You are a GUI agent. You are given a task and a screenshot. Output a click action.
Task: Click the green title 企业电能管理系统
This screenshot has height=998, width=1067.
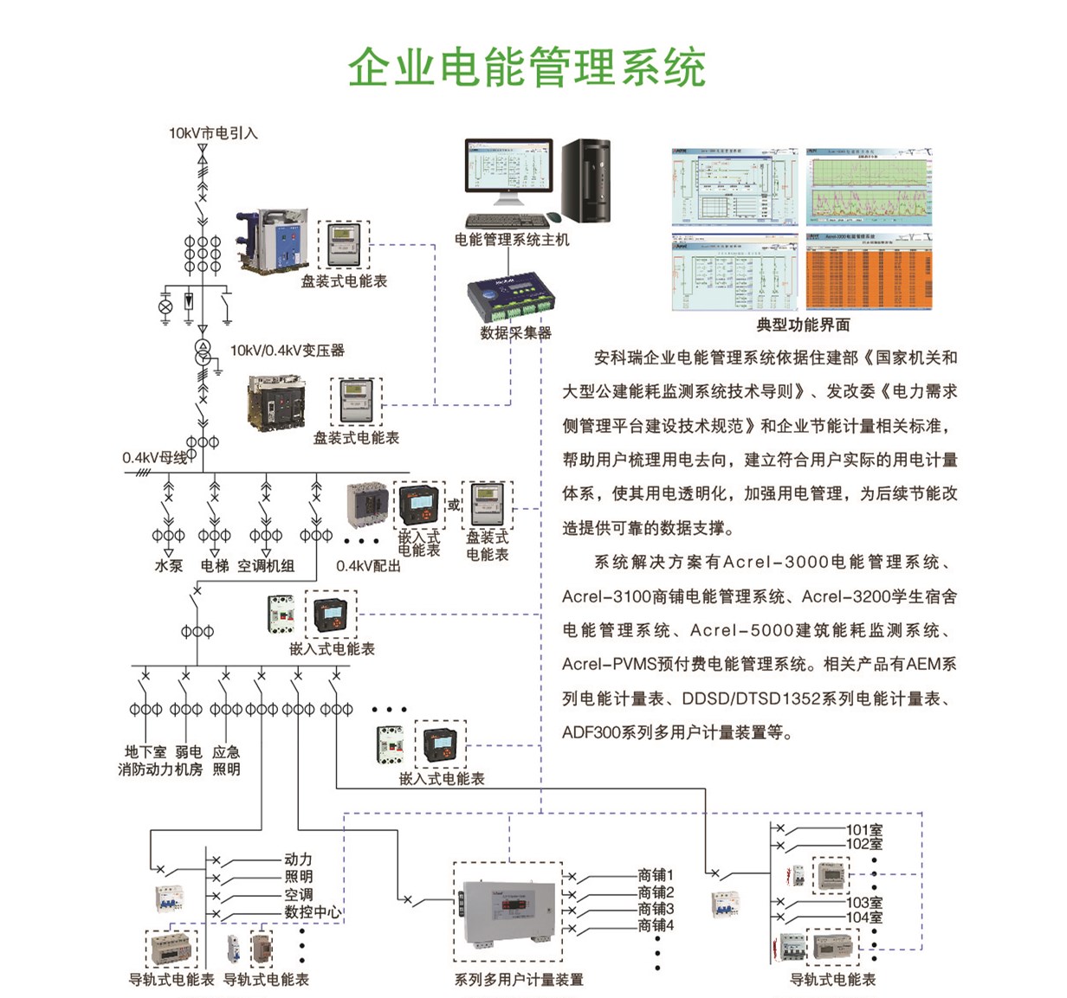(x=527, y=68)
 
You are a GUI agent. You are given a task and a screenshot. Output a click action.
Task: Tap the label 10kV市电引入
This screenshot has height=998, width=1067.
(x=213, y=133)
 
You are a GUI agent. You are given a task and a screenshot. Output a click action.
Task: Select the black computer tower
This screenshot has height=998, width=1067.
(x=586, y=179)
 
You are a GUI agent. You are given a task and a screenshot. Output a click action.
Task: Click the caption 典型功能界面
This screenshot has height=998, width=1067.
(x=803, y=325)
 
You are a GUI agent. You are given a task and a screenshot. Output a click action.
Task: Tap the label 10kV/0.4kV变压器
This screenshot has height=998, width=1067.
(x=287, y=351)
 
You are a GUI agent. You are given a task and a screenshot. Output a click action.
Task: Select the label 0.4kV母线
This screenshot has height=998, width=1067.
(x=154, y=458)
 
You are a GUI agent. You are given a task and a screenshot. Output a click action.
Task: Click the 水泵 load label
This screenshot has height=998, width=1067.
(x=168, y=566)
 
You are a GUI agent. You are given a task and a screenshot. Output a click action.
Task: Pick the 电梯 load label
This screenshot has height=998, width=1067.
(x=214, y=566)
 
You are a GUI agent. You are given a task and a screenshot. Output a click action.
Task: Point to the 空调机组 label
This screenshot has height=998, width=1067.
(x=266, y=566)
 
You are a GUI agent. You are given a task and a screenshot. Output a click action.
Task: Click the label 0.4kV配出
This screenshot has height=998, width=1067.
(x=368, y=566)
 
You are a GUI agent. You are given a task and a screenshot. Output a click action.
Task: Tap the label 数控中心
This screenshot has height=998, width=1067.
(x=313, y=912)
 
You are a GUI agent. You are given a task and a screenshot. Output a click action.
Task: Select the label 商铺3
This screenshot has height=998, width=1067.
(x=656, y=909)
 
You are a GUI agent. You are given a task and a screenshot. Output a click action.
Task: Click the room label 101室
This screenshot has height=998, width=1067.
(x=863, y=830)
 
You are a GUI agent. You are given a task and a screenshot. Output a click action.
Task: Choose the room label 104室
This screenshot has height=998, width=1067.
(x=863, y=917)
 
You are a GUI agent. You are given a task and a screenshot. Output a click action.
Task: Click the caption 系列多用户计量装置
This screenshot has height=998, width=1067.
(x=519, y=980)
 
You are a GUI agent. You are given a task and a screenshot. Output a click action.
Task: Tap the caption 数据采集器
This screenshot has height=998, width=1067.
(x=515, y=332)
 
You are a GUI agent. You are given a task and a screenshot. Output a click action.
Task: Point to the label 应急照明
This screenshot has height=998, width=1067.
(x=226, y=761)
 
